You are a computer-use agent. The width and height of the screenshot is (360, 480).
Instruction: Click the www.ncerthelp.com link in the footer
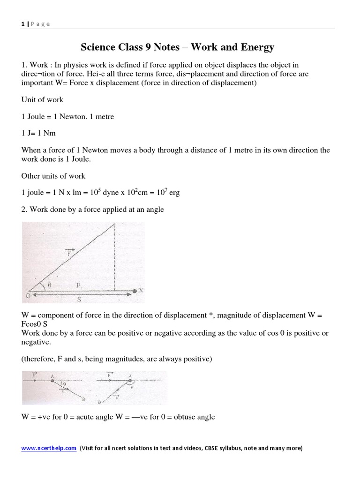[49, 448]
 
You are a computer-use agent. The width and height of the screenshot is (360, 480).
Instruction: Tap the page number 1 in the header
[22, 24]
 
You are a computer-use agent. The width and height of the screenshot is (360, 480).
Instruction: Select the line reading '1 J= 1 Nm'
[38, 133]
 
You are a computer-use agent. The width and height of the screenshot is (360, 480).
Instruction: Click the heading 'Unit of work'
[42, 99]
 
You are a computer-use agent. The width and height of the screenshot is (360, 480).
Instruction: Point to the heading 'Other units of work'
[53, 176]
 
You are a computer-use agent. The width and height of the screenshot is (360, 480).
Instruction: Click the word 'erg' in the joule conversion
[174, 193]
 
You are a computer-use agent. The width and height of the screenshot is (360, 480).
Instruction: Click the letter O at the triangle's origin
[28, 295]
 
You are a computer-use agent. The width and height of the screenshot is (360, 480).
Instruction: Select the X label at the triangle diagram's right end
[140, 291]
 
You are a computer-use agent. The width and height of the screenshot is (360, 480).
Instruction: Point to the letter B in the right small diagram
[99, 402]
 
